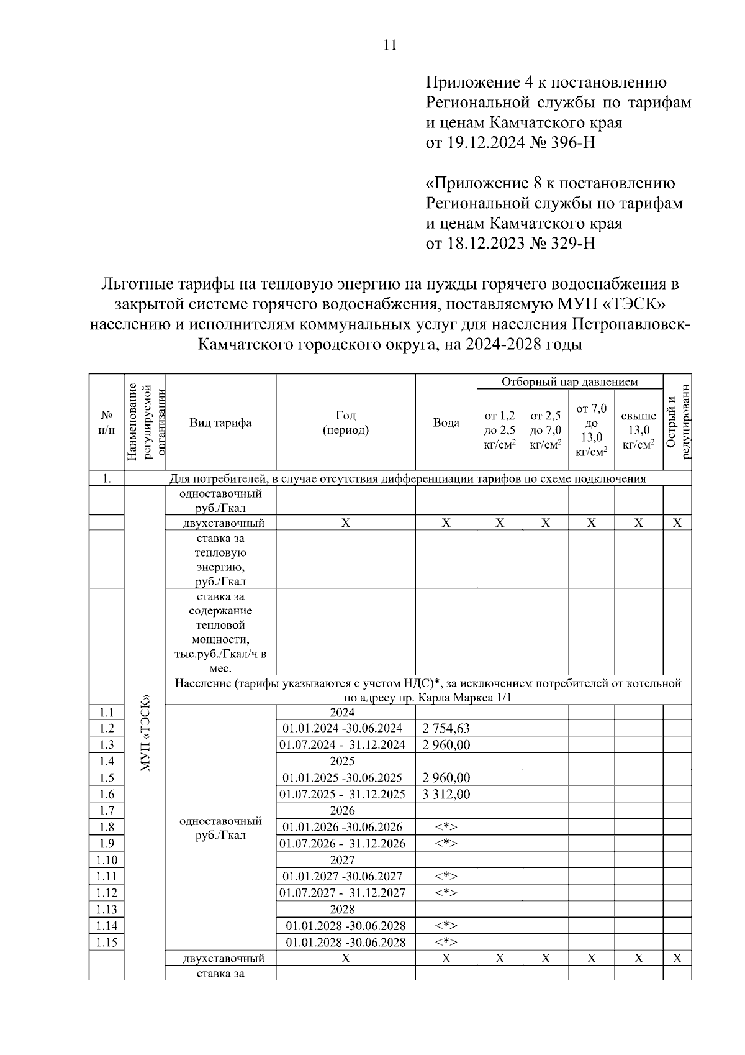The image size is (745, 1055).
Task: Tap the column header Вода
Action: [446, 423]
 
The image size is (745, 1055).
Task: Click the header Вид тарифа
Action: [220, 423]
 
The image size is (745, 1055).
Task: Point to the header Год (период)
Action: [345, 423]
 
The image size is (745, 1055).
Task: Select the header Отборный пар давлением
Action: [569, 381]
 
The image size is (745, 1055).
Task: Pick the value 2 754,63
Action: [446, 728]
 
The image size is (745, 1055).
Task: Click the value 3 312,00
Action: [446, 794]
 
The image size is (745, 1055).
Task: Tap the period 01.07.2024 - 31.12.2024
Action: [342, 745]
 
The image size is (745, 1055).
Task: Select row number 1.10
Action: [107, 860]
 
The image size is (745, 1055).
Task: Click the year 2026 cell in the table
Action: [342, 810]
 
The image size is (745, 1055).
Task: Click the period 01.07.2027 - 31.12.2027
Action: [342, 893]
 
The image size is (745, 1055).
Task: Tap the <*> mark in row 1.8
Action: [446, 827]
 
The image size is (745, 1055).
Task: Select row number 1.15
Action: [107, 943]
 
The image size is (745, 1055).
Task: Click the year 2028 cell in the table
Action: [342, 909]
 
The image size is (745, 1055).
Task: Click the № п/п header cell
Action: [107, 423]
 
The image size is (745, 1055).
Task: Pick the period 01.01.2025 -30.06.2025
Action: [342, 778]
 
